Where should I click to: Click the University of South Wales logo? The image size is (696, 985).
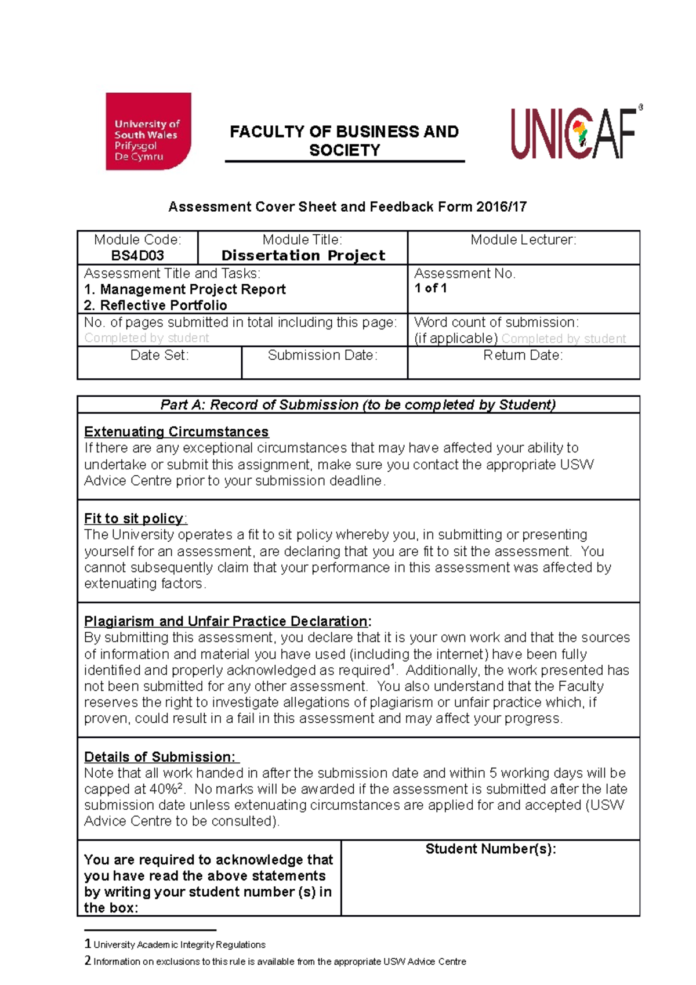pyautogui.click(x=148, y=131)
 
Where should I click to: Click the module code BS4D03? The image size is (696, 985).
pyautogui.click(x=137, y=256)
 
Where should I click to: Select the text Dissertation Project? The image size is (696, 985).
pyautogui.click(x=303, y=256)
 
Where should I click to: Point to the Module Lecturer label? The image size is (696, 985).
pyautogui.click(x=523, y=240)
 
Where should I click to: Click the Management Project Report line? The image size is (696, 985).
pyautogui.click(x=185, y=289)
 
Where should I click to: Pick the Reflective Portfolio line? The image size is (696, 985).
pyautogui.click(x=155, y=305)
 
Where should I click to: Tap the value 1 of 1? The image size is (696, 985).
pyautogui.click(x=430, y=288)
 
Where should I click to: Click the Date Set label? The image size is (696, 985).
pyautogui.click(x=159, y=355)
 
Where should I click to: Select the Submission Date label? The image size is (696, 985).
pyautogui.click(x=322, y=355)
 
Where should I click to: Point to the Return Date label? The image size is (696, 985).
pyautogui.click(x=523, y=355)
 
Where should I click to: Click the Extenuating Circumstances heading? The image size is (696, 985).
pyautogui.click(x=176, y=432)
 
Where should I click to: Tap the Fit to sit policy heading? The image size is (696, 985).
pyautogui.click(x=134, y=519)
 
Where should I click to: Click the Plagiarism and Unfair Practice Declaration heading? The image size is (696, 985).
pyautogui.click(x=226, y=621)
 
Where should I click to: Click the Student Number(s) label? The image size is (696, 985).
pyautogui.click(x=491, y=849)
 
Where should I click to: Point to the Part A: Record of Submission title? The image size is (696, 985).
pyautogui.click(x=358, y=405)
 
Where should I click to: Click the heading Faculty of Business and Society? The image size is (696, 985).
pyautogui.click(x=345, y=140)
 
